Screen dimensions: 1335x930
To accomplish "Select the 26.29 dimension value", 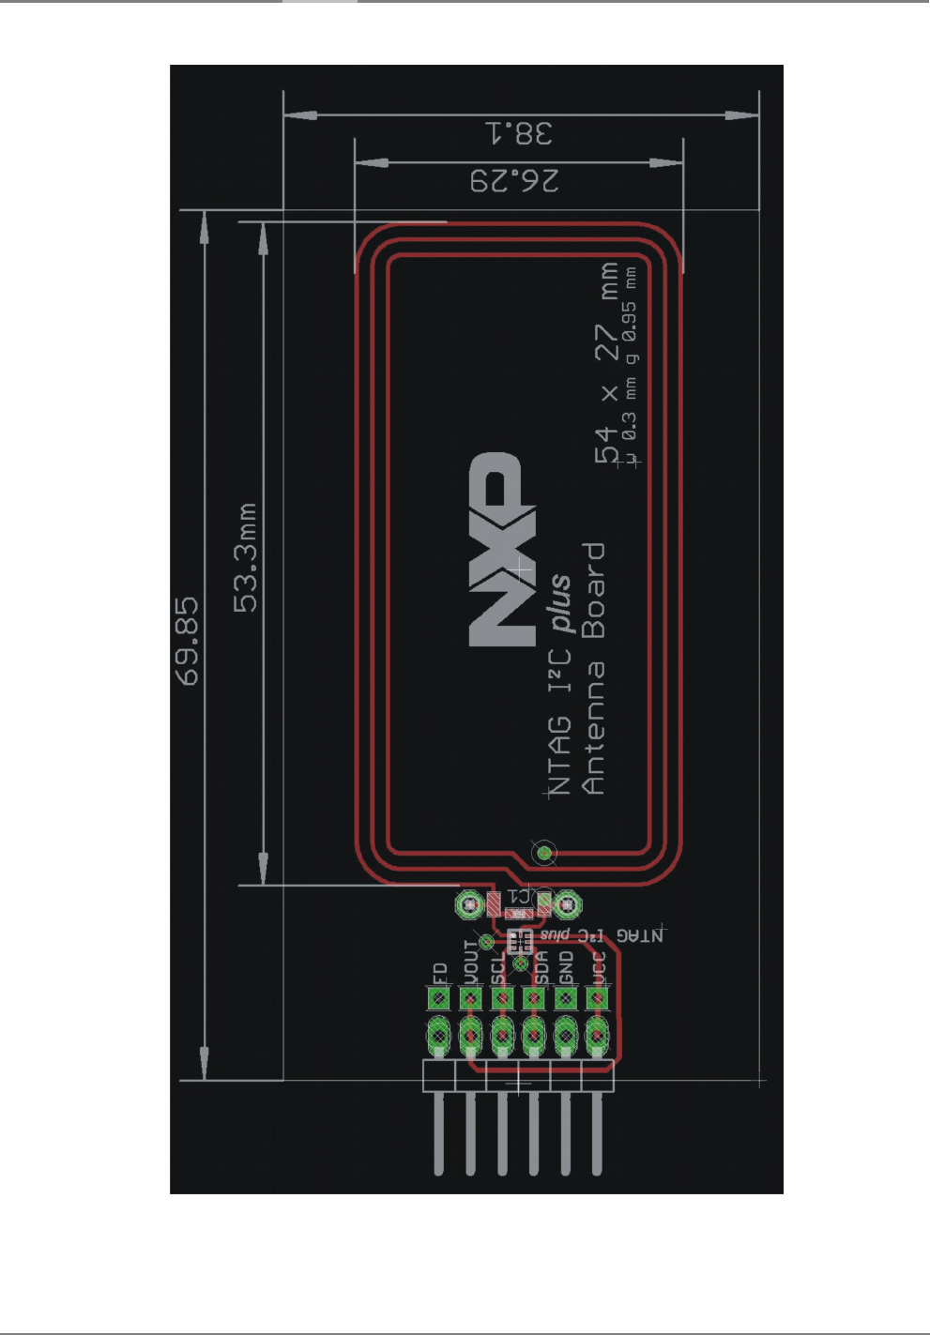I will [x=514, y=180].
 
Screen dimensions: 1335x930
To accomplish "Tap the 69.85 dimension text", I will [x=188, y=642].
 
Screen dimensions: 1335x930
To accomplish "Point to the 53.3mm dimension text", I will [x=245, y=558].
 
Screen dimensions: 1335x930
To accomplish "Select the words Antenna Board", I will [x=594, y=668].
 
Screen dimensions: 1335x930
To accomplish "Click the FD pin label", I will [x=438, y=973].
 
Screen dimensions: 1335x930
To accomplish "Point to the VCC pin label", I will [x=599, y=967].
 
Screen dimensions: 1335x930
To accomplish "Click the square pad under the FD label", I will [x=438, y=998].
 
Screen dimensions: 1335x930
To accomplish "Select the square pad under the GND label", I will [x=566, y=998].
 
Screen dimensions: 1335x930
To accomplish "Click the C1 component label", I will [x=519, y=895].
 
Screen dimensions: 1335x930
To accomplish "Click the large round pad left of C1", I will [x=468, y=904].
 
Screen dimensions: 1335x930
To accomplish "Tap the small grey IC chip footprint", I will [x=519, y=940].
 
